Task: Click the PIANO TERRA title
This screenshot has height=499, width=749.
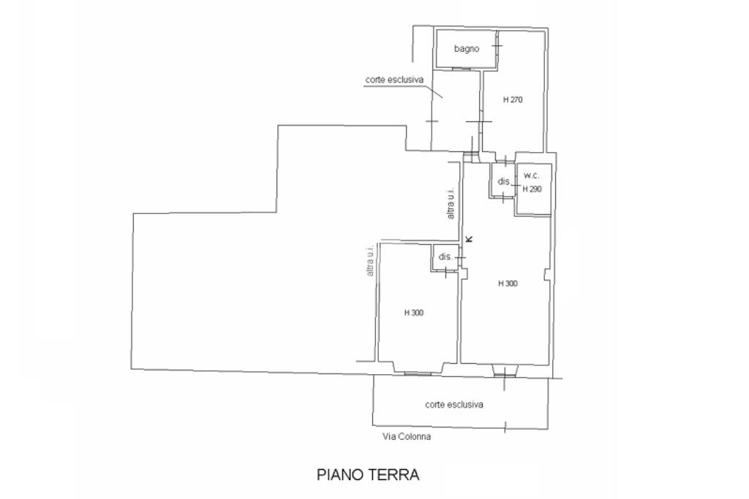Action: [368, 475]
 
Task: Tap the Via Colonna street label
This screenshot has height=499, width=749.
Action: [407, 437]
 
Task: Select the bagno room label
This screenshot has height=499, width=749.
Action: [466, 49]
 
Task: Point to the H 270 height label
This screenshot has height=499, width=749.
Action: [512, 99]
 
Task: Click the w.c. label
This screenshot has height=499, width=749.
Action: [532, 176]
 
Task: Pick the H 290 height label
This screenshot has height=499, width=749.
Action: [532, 188]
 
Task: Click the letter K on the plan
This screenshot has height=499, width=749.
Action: [470, 238]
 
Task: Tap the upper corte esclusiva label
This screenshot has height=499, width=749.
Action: [394, 80]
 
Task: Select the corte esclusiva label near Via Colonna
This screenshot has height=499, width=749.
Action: [454, 404]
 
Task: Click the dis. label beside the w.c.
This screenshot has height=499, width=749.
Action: [503, 181]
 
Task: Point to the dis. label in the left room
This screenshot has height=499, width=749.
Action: [445, 257]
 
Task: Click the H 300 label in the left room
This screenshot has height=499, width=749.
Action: [414, 313]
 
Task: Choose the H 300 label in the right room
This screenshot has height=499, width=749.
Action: [508, 283]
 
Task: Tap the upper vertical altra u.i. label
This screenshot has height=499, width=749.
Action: [451, 204]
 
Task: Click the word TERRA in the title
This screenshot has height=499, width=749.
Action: [395, 475]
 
